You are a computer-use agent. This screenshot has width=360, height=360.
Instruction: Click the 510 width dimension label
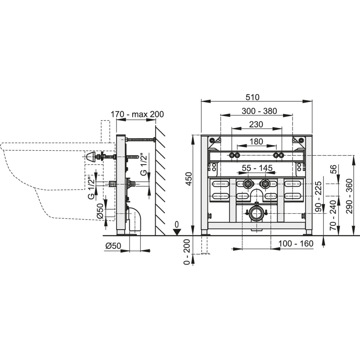pyautogui.click(x=252, y=97)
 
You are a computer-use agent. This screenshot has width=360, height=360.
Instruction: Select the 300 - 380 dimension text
pyautogui.click(x=259, y=111)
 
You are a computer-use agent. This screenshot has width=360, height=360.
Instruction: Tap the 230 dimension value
pyautogui.click(x=256, y=124)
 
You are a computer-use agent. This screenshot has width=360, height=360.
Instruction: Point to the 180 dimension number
pyautogui.click(x=256, y=141)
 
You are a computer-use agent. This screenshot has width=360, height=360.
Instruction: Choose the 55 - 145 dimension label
pyautogui.click(x=257, y=168)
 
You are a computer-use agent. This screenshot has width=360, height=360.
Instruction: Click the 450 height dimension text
pyautogui.click(x=189, y=179)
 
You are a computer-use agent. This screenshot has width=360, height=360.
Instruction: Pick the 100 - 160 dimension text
pyautogui.click(x=296, y=243)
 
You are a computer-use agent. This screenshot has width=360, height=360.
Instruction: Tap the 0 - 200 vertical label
pyautogui.click(x=187, y=252)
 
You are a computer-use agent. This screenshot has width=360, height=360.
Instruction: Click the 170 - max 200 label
pyautogui.click(x=137, y=114)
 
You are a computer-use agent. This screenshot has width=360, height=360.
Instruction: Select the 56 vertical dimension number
pyautogui.click(x=334, y=169)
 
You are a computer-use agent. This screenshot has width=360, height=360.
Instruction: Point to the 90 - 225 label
pyautogui.click(x=319, y=197)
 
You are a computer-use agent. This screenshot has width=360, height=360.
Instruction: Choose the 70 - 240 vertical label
pyautogui.click(x=333, y=216)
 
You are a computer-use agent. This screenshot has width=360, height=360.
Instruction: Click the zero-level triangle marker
pyautogui.click(x=176, y=232)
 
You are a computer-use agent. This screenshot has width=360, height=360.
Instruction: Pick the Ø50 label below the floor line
pyautogui.click(x=113, y=246)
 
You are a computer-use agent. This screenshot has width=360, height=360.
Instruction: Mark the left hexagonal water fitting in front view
pyautogui.click(x=248, y=184)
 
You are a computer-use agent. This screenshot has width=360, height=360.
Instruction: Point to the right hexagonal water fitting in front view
pyautogui.click(x=265, y=184)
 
